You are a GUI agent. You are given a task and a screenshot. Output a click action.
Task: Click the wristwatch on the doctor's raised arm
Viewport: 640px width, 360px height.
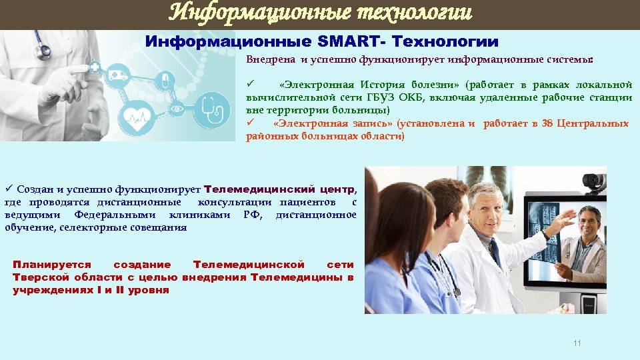coord(545,234)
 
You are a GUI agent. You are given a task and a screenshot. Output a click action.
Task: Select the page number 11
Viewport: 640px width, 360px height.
coord(577,343)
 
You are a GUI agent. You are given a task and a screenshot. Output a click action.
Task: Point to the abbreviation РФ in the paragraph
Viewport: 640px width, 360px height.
coord(251,215)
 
